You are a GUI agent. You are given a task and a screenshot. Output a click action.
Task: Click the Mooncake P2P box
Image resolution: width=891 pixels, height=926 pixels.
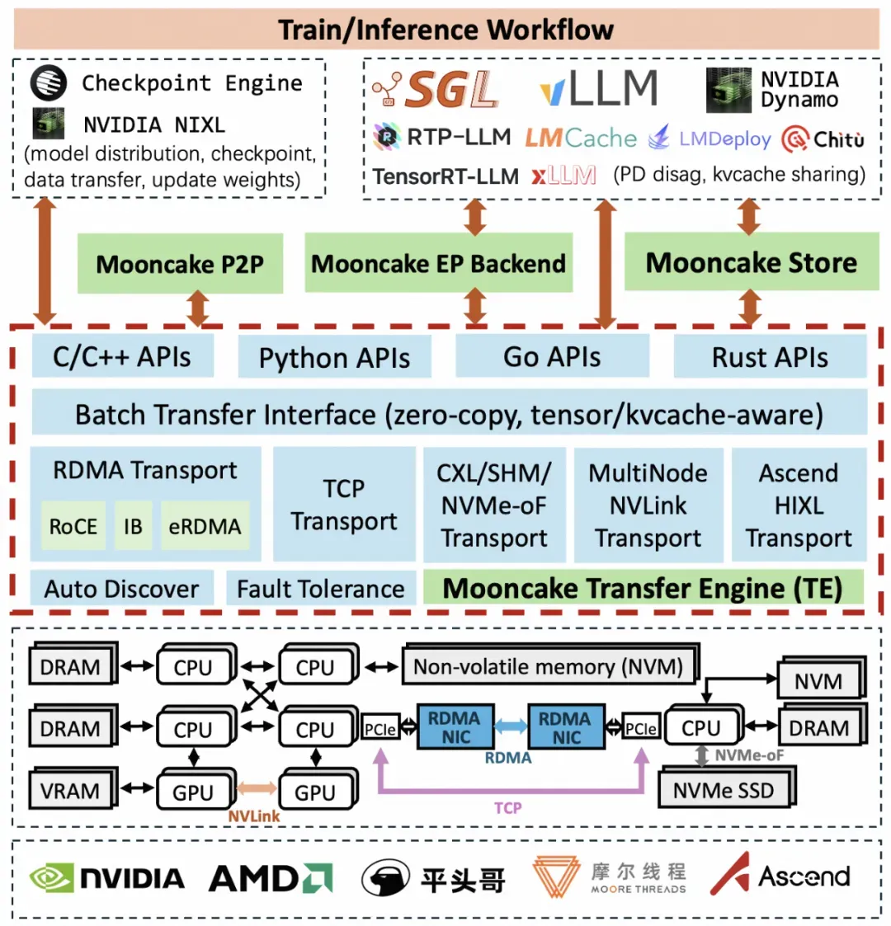coord(180,263)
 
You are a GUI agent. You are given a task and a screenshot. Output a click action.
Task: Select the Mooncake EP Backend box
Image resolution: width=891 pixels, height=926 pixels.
coord(438,263)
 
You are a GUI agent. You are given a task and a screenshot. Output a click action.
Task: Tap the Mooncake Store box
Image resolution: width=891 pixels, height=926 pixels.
coord(752,261)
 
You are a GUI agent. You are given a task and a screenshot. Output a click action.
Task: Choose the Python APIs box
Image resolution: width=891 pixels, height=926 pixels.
coord(334,357)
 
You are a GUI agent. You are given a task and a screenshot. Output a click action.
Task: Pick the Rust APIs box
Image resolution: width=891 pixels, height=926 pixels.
coord(770,356)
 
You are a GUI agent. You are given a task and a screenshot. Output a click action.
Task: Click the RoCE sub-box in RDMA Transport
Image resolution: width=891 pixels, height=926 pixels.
coord(73,525)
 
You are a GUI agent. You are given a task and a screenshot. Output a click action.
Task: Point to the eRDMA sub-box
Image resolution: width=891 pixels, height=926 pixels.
coord(205,525)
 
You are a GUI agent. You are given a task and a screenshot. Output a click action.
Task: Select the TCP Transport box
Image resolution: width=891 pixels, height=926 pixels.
coord(344,505)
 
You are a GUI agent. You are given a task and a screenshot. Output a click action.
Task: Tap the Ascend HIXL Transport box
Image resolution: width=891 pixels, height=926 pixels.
coord(799,505)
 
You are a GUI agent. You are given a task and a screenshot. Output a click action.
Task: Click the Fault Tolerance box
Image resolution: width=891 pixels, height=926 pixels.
coord(321,588)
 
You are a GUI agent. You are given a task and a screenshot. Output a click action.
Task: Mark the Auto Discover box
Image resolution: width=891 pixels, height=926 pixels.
coord(122,588)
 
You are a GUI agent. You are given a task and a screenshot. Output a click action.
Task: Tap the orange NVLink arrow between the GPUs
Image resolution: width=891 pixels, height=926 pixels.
coord(257,787)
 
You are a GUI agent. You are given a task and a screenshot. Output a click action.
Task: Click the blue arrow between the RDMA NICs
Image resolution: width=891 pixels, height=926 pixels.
coord(511,726)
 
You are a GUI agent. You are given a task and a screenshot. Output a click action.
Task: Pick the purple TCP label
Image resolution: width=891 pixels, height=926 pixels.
coord(507,807)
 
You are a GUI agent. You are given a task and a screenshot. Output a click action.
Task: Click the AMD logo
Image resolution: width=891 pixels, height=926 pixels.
coord(271,878)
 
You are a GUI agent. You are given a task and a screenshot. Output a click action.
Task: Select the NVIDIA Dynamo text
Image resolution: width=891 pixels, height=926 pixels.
coord(799,89)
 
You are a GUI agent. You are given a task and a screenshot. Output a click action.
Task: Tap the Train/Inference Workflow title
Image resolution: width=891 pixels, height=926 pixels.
coord(446,30)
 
